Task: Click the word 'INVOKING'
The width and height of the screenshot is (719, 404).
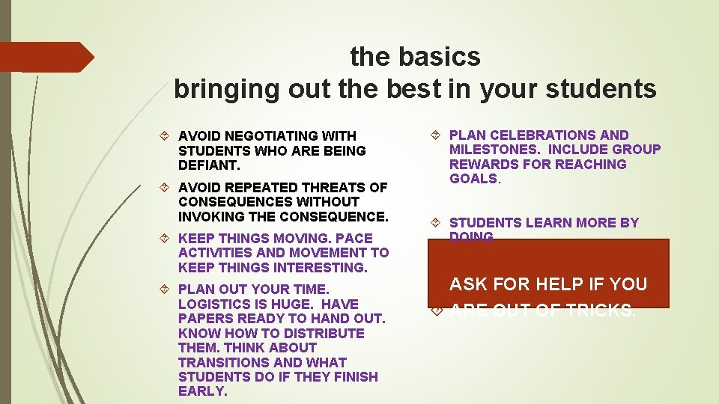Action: pos(210,217)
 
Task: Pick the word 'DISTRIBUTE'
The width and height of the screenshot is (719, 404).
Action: pos(326,334)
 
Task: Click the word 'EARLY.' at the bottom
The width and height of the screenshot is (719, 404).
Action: pos(202,392)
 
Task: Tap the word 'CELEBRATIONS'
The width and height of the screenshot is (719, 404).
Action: pos(539,135)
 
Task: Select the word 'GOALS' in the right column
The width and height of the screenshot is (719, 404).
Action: pos(473,179)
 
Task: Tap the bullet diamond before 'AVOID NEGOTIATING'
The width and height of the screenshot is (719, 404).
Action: pos(166,136)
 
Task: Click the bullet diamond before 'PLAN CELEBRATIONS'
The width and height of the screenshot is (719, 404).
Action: pos(437,135)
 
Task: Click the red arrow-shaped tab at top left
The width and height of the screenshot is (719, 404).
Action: pos(45,57)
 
